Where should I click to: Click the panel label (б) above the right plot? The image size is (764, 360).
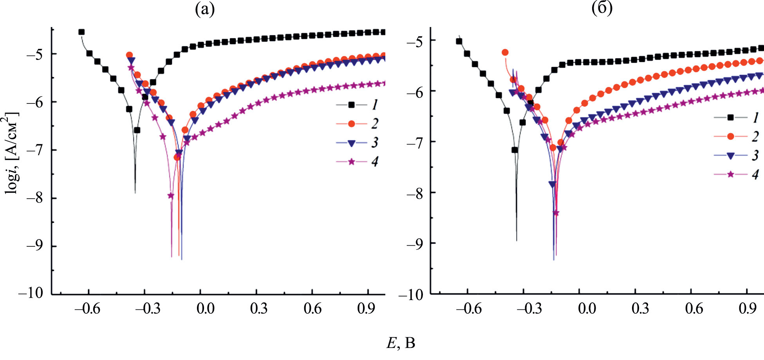pyautogui.click(x=602, y=9)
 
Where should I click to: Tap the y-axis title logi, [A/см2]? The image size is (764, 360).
pyautogui.click(x=11, y=153)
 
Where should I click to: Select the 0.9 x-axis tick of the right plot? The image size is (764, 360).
pyautogui.click(x=747, y=309)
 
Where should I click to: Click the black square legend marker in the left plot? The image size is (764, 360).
pyautogui.click(x=351, y=105)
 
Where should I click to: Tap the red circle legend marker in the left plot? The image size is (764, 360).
pyautogui.click(x=351, y=124)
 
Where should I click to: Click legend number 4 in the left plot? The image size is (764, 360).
pyautogui.click(x=375, y=162)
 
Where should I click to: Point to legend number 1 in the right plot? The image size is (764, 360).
pyautogui.click(x=755, y=117)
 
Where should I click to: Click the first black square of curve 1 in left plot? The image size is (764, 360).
pyautogui.click(x=81, y=32)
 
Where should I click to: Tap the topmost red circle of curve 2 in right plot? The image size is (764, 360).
pyautogui.click(x=505, y=52)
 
